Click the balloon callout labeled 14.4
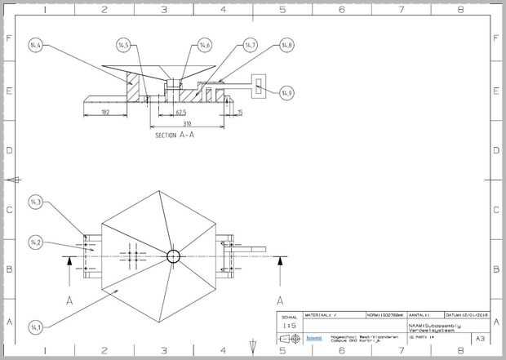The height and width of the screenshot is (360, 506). click(35, 44)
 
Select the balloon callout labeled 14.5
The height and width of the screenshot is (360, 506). click(124, 44)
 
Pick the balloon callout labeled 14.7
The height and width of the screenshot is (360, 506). click(251, 44)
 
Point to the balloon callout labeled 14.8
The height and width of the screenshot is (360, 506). click(286, 45)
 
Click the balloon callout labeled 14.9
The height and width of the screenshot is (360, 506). click(286, 92)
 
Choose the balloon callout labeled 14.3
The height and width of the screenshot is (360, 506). click(35, 202)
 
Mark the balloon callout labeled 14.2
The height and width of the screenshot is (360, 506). click(35, 242)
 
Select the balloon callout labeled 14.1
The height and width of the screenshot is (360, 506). click(35, 327)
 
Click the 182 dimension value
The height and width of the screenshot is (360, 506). click(105, 112)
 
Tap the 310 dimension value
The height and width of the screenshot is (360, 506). click(187, 123)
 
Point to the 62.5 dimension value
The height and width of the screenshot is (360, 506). click(180, 112)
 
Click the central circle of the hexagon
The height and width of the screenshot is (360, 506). click(173, 256)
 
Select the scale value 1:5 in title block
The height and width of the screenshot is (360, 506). click(288, 325)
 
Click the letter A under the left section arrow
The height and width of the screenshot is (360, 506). click(69, 300)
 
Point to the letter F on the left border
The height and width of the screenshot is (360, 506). click(9, 38)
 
